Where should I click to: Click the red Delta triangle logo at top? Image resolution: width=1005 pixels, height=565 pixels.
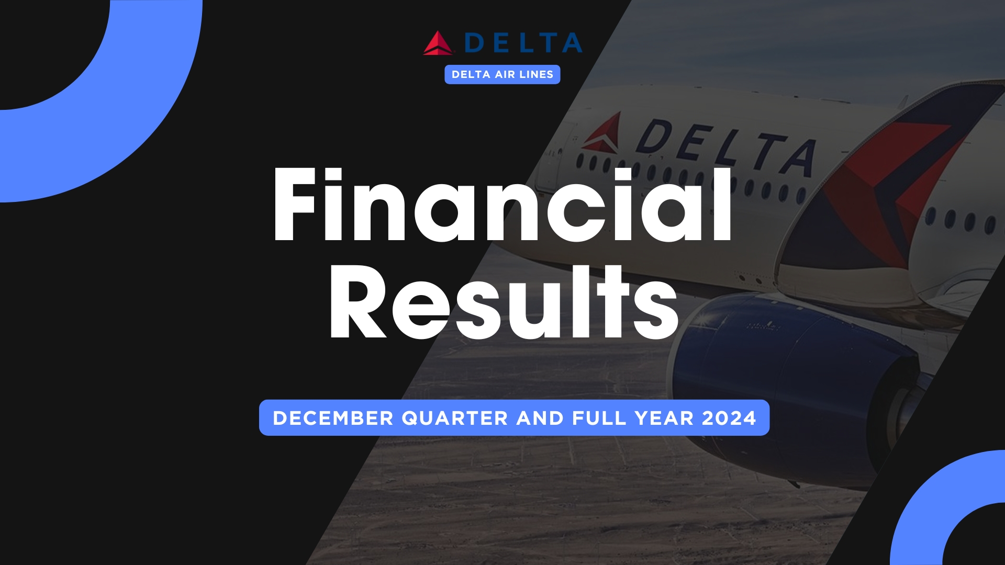pyautogui.click(x=439, y=43)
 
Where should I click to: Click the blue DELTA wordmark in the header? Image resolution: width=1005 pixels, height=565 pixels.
pyautogui.click(x=523, y=43)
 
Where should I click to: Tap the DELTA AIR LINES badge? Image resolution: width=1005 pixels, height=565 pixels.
pyautogui.click(x=502, y=74)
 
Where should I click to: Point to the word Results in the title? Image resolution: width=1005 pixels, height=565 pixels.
pyautogui.click(x=504, y=302)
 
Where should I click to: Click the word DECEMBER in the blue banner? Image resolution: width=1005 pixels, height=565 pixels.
pyautogui.click(x=333, y=418)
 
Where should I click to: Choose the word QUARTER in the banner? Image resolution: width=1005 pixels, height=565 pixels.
pyautogui.click(x=454, y=419)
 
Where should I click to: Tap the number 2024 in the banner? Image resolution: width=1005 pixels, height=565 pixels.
pyautogui.click(x=729, y=418)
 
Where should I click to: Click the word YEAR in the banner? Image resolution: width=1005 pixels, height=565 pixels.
pyautogui.click(x=664, y=418)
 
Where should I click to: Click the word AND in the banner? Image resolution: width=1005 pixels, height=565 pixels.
pyautogui.click(x=540, y=418)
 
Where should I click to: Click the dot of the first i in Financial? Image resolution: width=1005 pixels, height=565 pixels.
pyautogui.click(x=333, y=176)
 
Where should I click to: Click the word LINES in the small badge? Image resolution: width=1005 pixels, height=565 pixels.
pyautogui.click(x=537, y=74)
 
